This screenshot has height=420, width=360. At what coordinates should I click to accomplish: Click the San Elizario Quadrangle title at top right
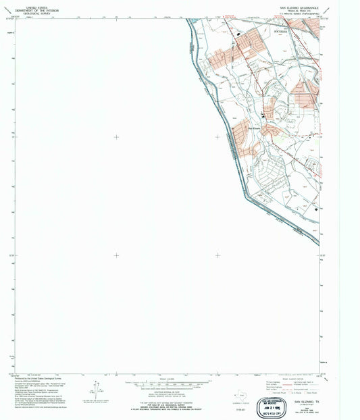[299, 9]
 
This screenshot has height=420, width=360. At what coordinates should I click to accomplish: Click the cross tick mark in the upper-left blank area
[116, 137]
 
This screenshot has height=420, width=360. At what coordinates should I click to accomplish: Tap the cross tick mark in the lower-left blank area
[116, 255]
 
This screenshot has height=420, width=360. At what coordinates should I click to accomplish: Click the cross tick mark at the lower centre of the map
[217, 255]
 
